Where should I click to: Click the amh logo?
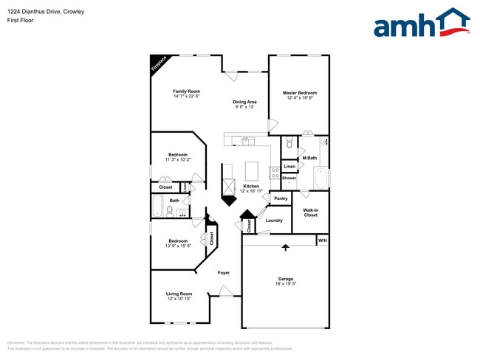[x=421, y=24]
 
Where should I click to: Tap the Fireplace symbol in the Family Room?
[x=158, y=63]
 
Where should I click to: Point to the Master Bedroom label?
[x=299, y=93]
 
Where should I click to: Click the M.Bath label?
[x=309, y=159]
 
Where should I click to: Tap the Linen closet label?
[x=289, y=167]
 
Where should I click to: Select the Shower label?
[x=289, y=178]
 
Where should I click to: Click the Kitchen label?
[x=251, y=186]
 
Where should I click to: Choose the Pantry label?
[x=281, y=198]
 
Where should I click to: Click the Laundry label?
[x=274, y=221]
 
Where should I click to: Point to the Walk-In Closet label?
[x=310, y=212]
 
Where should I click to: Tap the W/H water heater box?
[x=322, y=240]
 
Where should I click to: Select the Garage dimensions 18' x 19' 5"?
[x=285, y=284]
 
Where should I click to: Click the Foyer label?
[x=223, y=273]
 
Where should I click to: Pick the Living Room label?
[x=179, y=294]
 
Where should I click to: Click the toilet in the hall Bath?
[x=169, y=211]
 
